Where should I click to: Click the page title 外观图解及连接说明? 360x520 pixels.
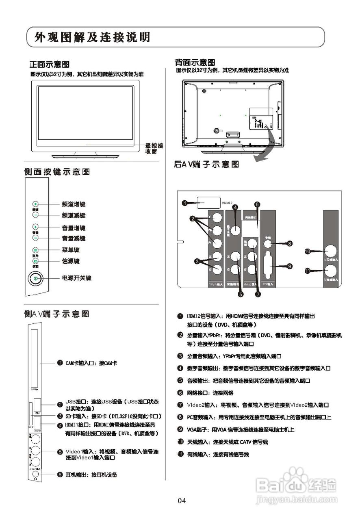93,38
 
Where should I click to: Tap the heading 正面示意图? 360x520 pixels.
49,64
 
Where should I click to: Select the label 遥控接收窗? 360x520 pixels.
154,148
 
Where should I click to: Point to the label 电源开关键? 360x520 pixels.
76,278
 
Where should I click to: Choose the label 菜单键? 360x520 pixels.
70,250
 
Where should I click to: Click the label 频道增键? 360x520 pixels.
74,204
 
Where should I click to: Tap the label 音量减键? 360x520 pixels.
74,238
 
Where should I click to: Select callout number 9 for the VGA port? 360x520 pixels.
290,266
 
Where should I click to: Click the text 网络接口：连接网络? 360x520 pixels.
210,393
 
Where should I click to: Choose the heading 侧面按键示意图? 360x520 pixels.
56,172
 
